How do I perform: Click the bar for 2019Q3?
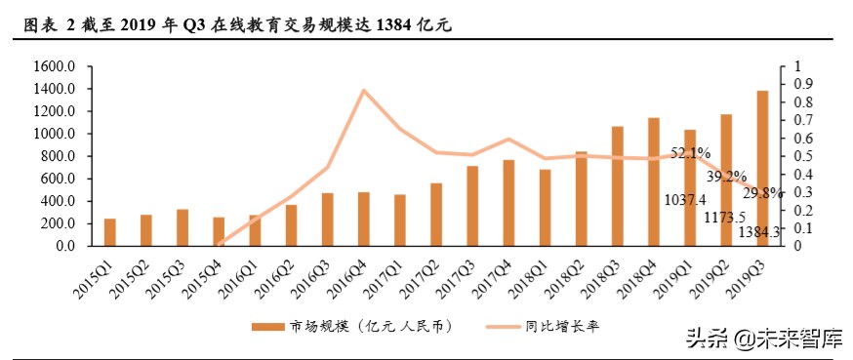pos(762,168)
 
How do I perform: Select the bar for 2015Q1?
pos(109,232)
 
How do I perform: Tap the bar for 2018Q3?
pos(617,185)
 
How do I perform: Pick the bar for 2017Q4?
pos(508,203)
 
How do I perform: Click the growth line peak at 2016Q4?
pos(364,91)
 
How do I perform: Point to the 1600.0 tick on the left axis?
pos(55,66)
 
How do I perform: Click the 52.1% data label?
pos(690,153)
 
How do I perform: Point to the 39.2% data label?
pos(727,177)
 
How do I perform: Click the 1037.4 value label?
pos(683,201)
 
